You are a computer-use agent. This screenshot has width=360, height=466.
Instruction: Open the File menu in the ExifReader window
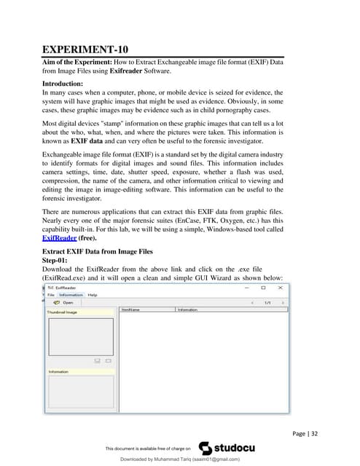(52, 295)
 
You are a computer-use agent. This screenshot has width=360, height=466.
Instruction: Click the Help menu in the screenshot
(93, 295)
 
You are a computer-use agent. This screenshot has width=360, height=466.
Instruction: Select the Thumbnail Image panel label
(63, 312)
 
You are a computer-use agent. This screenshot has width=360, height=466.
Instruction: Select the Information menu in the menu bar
(71, 295)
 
